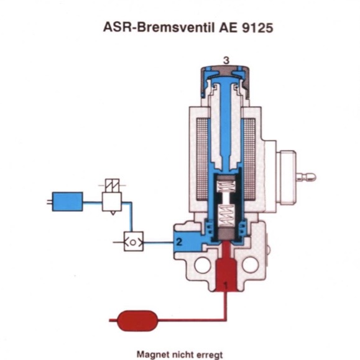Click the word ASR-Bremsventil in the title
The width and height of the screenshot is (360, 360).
[x=159, y=27]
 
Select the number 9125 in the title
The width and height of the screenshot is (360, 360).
[x=257, y=27]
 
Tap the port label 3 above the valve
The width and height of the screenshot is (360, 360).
[x=226, y=60]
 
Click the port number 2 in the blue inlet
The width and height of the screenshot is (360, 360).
[x=179, y=241]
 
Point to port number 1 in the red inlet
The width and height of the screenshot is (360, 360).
[x=226, y=286]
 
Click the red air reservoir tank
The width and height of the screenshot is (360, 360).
[x=137, y=321]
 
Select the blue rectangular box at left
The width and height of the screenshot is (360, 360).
[x=68, y=201]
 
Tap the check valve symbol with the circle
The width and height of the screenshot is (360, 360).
[x=134, y=241]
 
